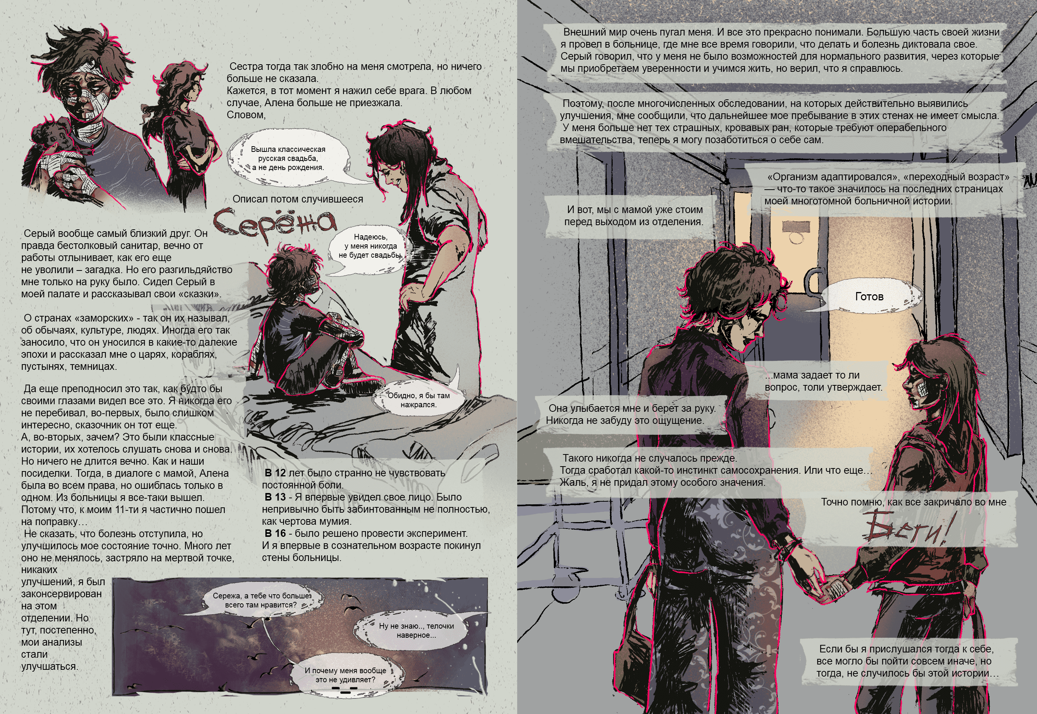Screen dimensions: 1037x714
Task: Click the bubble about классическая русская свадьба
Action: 288,158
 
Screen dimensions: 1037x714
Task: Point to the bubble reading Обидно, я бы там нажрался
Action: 418,396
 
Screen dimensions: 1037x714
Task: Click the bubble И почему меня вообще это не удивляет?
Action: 345,675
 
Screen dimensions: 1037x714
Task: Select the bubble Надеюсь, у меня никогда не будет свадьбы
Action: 371,246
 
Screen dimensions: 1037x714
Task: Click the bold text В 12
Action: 275,473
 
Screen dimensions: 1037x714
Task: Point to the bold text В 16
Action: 275,533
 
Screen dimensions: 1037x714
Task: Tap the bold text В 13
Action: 275,497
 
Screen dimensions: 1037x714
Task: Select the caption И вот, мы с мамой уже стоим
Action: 634,216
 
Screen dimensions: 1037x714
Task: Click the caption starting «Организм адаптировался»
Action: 887,189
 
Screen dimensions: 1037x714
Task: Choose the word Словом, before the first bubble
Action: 246,114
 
